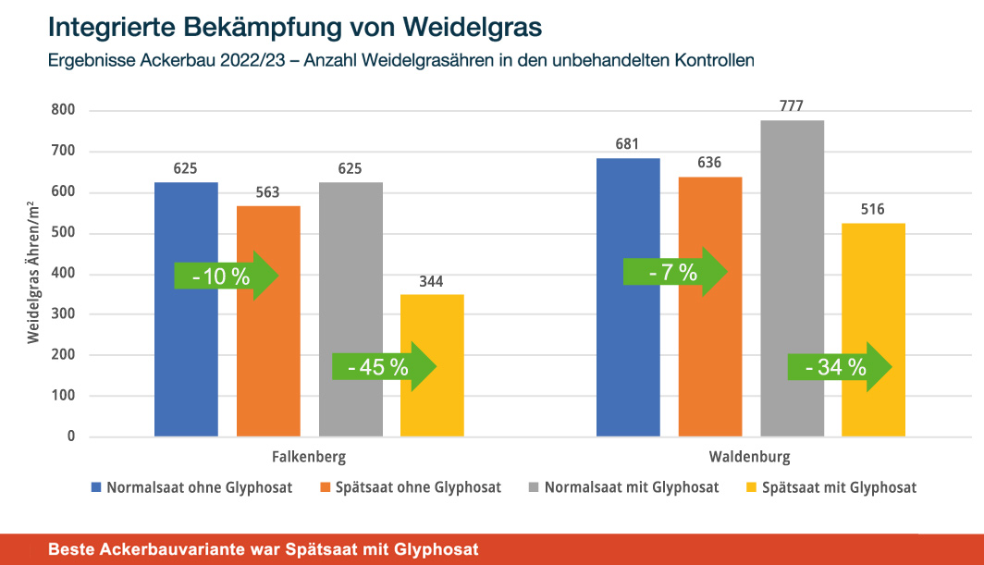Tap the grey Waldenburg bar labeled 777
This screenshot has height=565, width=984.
coord(793,277)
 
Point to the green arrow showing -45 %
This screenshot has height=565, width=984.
coord(383,367)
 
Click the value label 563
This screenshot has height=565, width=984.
coord(268,194)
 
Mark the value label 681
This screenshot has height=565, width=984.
coord(628,144)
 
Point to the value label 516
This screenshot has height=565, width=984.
coord(874,209)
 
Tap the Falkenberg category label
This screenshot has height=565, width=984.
coord(309,457)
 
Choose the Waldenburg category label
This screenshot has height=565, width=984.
coord(750,457)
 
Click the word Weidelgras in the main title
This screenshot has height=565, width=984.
coord(463,25)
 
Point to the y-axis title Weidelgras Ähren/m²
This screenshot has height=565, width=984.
coord(33,274)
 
